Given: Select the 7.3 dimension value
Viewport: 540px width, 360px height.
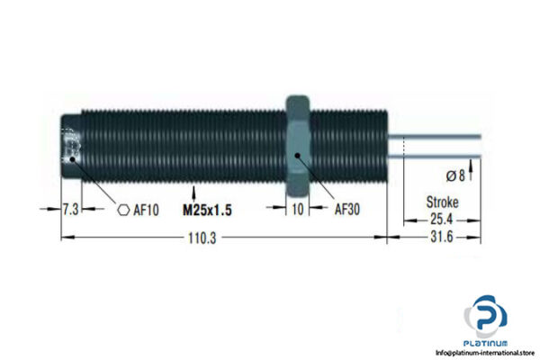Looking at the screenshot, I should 70,211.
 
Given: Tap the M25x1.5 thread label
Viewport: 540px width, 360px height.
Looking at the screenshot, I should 214,211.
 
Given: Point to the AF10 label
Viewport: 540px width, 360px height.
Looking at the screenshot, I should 147,211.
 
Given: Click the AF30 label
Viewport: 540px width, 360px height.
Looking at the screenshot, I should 348,211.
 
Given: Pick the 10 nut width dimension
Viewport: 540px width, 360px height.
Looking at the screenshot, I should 299,211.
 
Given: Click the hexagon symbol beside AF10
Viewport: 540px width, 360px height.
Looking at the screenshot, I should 123,211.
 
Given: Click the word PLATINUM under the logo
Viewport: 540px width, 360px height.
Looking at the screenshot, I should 486,342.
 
